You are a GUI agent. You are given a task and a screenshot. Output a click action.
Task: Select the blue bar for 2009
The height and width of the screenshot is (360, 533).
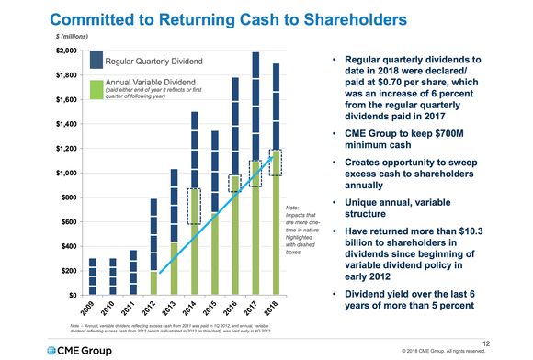point(93,276)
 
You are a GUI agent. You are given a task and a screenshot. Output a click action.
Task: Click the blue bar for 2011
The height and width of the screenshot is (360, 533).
point(133,272)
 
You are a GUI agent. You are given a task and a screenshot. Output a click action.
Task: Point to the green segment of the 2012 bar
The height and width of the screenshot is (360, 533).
point(153,283)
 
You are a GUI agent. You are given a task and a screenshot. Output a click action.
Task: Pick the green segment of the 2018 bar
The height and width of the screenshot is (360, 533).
point(275,230)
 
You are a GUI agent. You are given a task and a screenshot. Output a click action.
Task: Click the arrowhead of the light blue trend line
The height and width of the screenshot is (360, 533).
point(269,157)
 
